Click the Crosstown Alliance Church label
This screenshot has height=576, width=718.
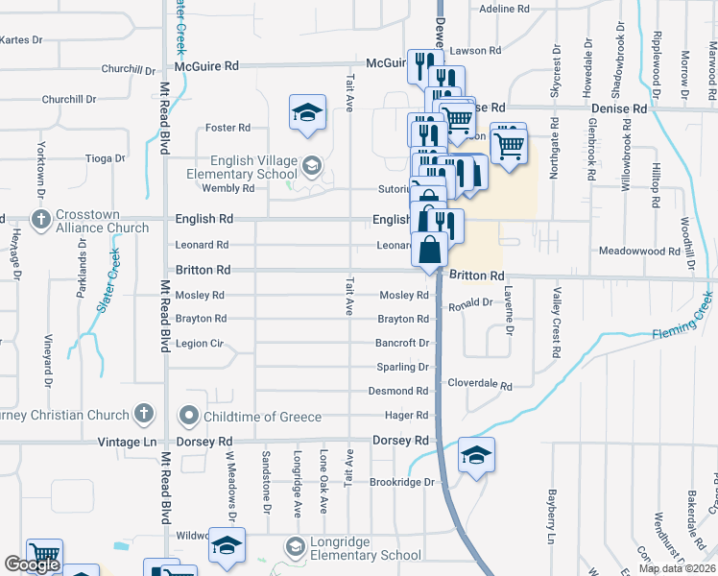pyautogui.click(x=102, y=220)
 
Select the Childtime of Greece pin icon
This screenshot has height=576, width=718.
pyautogui.click(x=188, y=416)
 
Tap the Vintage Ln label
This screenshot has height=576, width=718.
pyautogui.click(x=127, y=441)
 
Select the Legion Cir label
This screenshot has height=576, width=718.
pyautogui.click(x=200, y=343)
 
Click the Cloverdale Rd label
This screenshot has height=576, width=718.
pyautogui.click(x=480, y=384)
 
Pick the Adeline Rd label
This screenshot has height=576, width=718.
pyautogui.click(x=504, y=9)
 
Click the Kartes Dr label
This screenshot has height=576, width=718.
pyautogui.click(x=22, y=39)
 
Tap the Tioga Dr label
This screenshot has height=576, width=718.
pyautogui.click(x=106, y=158)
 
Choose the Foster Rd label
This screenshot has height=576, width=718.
pyautogui.click(x=227, y=127)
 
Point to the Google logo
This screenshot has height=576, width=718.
pyautogui.click(x=32, y=564)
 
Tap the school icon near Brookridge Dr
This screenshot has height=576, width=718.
pyautogui.click(x=476, y=455)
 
